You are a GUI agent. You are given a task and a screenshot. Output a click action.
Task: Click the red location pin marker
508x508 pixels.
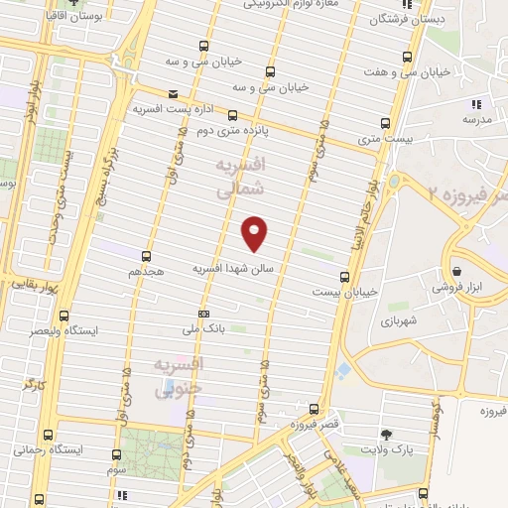(x=255, y=232)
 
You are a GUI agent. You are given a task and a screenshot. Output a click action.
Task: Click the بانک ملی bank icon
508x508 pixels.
(x=203, y=314)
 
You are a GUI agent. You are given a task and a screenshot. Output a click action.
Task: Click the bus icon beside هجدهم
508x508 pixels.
(x=146, y=256)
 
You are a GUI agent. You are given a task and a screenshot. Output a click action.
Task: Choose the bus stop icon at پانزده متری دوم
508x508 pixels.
(x=232, y=115)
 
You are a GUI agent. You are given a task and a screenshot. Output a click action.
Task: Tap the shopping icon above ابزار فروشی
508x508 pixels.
(x=456, y=271)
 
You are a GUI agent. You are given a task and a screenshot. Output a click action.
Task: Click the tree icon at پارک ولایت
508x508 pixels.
(x=386, y=435)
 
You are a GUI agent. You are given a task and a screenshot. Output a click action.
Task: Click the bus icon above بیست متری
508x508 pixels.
(x=386, y=124)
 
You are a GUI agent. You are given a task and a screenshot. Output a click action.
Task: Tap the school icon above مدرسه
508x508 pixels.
(x=476, y=103)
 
